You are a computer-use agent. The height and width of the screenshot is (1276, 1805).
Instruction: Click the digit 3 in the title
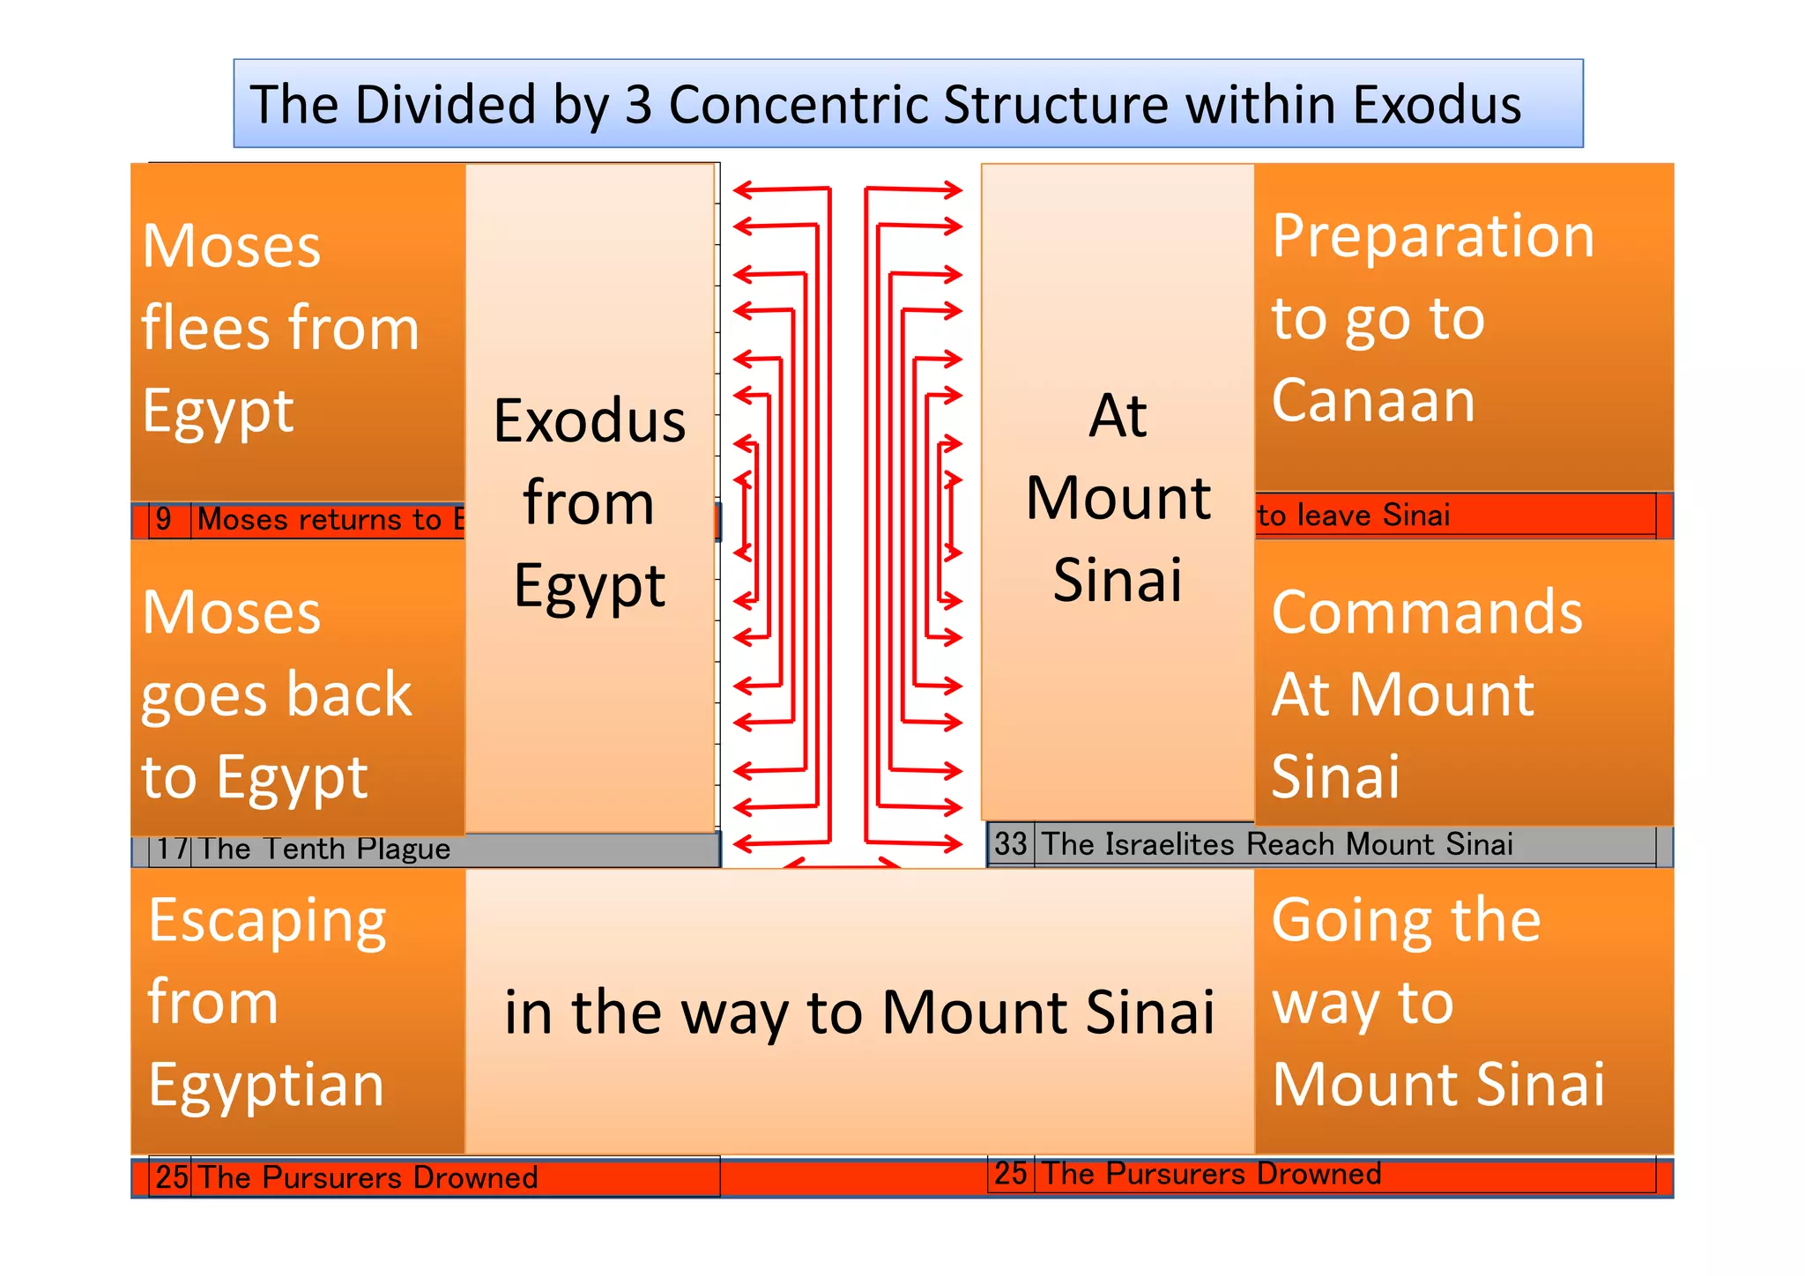pos(637,105)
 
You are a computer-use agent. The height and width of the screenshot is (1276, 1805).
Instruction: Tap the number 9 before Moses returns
pos(164,519)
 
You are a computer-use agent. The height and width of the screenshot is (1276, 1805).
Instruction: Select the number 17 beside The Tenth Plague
pos(173,849)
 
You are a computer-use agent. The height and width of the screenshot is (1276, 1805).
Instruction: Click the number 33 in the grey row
pos(1011,844)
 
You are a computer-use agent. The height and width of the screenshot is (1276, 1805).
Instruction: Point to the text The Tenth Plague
pos(324,849)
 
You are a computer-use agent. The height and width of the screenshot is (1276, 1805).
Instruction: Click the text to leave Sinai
pos(1353,516)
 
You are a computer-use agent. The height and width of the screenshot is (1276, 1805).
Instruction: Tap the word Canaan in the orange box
pos(1373,400)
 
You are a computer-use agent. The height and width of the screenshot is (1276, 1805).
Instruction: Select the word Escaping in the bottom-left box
pos(267,922)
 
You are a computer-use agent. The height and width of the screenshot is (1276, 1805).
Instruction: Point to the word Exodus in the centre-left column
pos(590,420)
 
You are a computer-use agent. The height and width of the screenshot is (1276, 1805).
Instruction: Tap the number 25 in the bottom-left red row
pos(172,1177)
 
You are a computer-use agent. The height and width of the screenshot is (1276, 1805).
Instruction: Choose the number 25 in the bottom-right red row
pos(1011,1174)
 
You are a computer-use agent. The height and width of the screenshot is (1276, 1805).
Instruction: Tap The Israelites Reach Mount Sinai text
pos(1277,844)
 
